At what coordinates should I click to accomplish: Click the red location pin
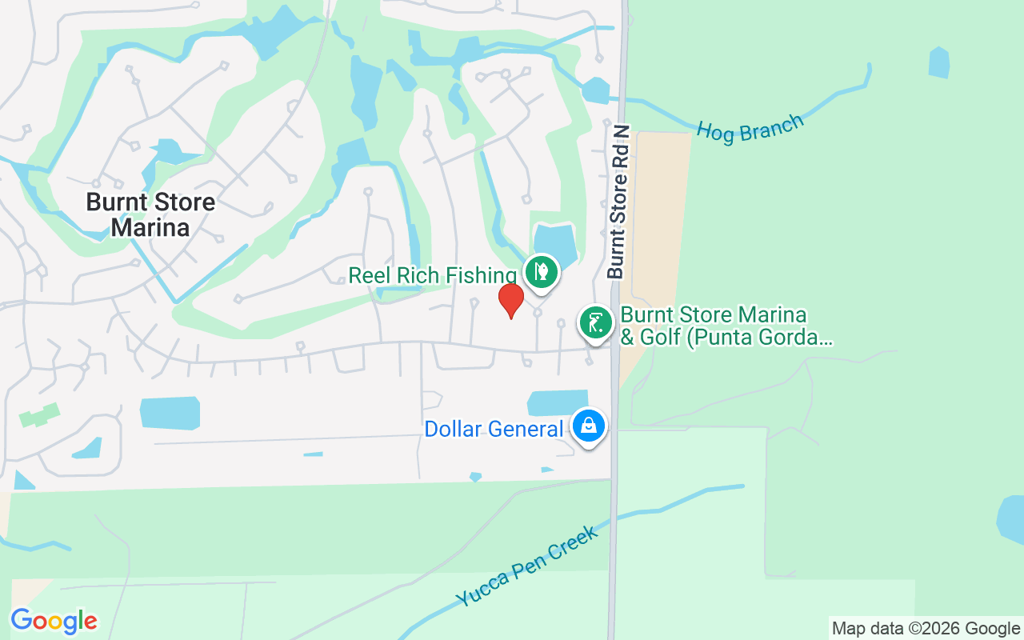point(511,300)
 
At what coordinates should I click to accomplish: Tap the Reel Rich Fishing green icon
point(542,271)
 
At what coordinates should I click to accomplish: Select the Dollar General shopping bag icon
point(589,426)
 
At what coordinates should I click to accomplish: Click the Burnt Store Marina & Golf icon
point(595,323)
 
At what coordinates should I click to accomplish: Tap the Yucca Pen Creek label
point(526,566)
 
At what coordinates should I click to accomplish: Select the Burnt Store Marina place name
point(150,214)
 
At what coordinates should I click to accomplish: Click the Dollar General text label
point(493,430)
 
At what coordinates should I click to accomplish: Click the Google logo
point(54,621)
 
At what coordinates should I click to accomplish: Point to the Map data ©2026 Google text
point(926,629)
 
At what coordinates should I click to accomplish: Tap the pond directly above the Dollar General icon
point(558,403)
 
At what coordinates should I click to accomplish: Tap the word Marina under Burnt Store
point(150,228)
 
